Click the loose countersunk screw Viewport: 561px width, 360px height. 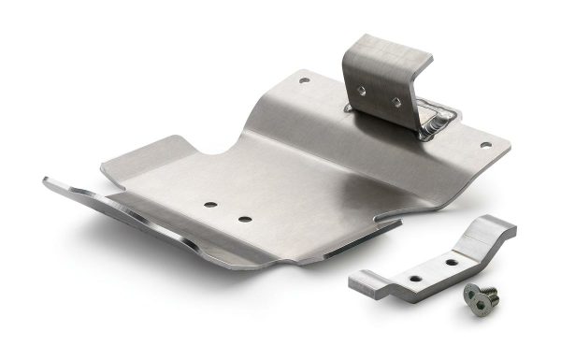[x=481, y=295]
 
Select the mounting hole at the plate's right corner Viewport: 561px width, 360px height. [x=484, y=145]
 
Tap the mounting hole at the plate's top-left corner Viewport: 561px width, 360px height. [x=304, y=81]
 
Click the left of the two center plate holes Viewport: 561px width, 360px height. [x=209, y=205]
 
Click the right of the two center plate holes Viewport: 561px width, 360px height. [x=244, y=219]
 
